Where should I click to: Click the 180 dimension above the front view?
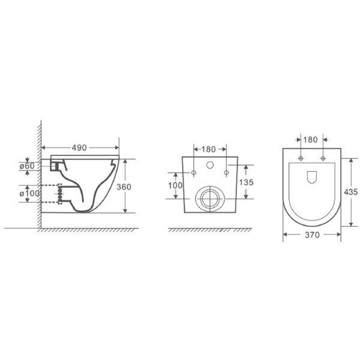(209, 149)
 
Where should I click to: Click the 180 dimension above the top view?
(311, 140)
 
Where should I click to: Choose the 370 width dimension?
(312, 236)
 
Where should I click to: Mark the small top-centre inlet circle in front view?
(210, 165)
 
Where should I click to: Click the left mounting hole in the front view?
(194, 173)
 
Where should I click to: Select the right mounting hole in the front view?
(226, 173)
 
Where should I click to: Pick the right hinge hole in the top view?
(323, 158)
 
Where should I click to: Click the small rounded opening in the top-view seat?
(311, 177)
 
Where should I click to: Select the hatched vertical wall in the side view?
(38, 174)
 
